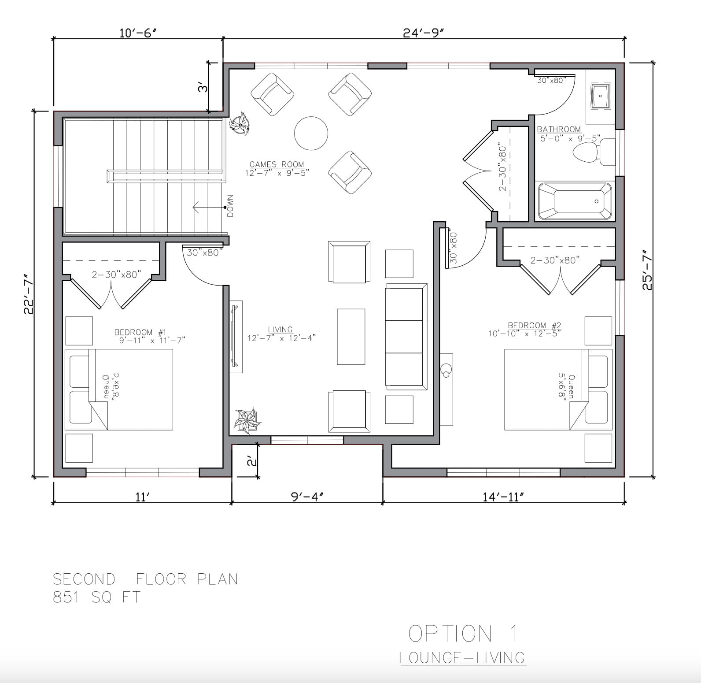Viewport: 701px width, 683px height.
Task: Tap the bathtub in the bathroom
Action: click(x=574, y=201)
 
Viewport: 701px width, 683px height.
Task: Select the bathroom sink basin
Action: click(x=600, y=95)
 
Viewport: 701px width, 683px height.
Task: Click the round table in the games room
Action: click(x=311, y=133)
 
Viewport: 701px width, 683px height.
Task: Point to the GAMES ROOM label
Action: click(x=277, y=164)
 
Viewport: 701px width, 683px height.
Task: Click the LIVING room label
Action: click(x=280, y=330)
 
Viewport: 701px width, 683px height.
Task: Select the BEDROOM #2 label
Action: click(x=535, y=326)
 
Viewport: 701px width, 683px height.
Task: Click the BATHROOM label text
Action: click(x=559, y=129)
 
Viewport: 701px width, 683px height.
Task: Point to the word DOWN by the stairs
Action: click(x=230, y=206)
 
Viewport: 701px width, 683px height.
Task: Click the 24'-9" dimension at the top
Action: click(x=422, y=33)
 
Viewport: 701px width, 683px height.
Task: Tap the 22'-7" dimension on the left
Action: click(x=29, y=294)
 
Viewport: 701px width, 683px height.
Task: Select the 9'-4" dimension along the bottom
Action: click(x=307, y=497)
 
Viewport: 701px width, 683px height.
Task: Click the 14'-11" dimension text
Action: click(x=503, y=497)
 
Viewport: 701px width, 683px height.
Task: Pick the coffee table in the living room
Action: click(x=351, y=337)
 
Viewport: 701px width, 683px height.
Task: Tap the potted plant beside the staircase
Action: click(x=240, y=123)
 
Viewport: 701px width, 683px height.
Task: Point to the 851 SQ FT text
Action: click(x=96, y=598)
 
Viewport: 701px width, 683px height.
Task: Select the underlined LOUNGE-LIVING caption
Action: click(x=463, y=658)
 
